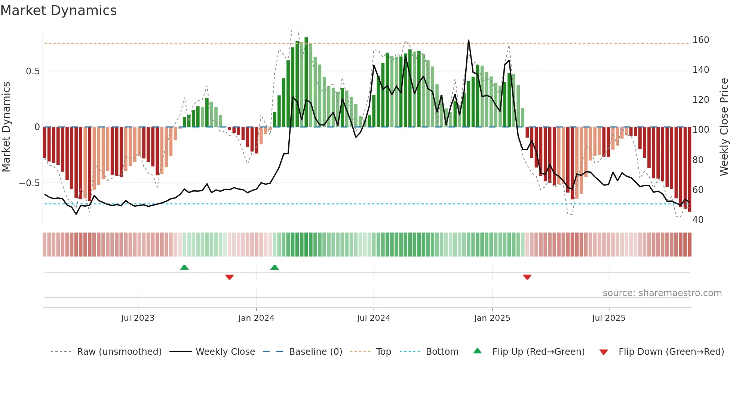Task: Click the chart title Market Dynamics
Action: pos(58,10)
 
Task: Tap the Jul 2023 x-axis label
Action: pos(138,318)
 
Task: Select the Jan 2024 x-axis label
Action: pos(256,318)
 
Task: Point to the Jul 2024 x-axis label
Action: pos(373,318)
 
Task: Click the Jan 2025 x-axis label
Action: pos(492,318)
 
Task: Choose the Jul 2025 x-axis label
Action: pos(608,318)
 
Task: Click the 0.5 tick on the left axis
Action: pos(33,71)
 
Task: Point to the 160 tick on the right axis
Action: pos(700,40)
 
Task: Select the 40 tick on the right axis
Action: pos(698,220)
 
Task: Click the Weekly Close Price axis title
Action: pos(724,127)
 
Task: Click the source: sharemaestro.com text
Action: pos(662,293)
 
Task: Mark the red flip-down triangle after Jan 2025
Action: pos(527,277)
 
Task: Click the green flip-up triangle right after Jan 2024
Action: pos(275,267)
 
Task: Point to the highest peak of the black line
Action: pos(469,40)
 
